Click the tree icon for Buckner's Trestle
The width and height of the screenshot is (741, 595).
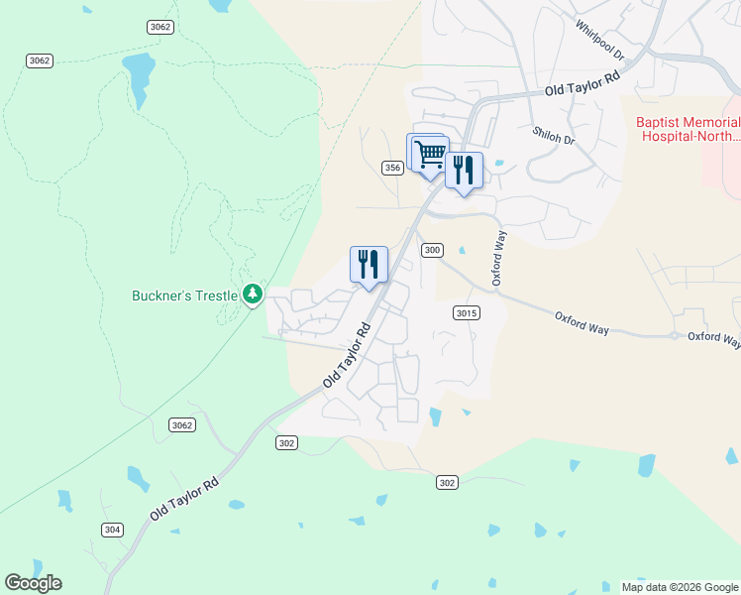(254, 294)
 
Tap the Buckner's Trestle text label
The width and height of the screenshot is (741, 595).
(185, 296)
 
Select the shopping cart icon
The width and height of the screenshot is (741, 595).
(430, 155)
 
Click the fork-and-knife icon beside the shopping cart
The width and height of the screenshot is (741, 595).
(464, 171)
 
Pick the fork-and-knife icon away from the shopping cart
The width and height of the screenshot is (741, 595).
(369, 265)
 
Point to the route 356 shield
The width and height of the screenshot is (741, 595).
(392, 169)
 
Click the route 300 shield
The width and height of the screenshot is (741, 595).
(431, 250)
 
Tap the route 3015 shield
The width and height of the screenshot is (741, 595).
(467, 313)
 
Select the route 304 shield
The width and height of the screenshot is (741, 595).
(112, 530)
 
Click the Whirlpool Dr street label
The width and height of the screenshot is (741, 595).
(599, 38)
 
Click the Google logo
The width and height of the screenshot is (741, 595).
(33, 582)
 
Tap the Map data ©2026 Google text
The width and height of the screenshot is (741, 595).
(680, 587)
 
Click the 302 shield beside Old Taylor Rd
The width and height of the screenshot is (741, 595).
(287, 442)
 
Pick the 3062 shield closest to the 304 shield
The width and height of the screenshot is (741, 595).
(181, 424)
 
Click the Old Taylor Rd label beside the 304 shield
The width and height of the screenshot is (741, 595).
(184, 500)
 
